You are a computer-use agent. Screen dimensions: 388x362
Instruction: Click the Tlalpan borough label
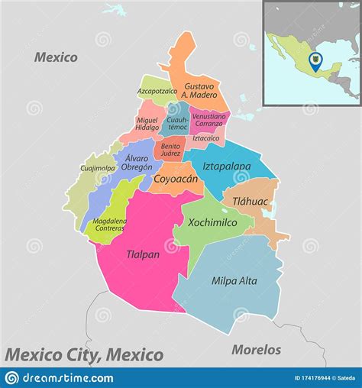pos(143,254)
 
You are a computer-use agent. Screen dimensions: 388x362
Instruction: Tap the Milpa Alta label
pos(234,280)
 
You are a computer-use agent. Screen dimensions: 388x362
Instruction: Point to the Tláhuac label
pos(244,201)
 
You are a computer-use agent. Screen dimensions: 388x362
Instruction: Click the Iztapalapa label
pos(227,165)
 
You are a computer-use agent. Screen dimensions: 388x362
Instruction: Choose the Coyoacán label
pos(176,179)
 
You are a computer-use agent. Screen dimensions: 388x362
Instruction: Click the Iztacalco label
pos(205,138)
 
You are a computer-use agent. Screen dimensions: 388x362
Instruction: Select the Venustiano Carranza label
pos(207,119)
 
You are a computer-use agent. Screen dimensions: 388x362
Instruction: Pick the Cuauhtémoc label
pos(176,123)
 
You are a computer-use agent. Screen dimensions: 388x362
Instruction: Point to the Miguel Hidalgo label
pos(147,124)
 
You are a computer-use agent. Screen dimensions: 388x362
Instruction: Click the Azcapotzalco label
pos(157,91)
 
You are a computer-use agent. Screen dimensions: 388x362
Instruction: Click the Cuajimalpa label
pos(97,168)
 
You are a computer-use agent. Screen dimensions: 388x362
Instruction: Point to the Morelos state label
pos(256,350)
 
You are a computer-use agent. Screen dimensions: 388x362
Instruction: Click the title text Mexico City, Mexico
pos(84,354)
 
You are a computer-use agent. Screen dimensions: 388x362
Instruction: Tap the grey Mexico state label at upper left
pos(56,57)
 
